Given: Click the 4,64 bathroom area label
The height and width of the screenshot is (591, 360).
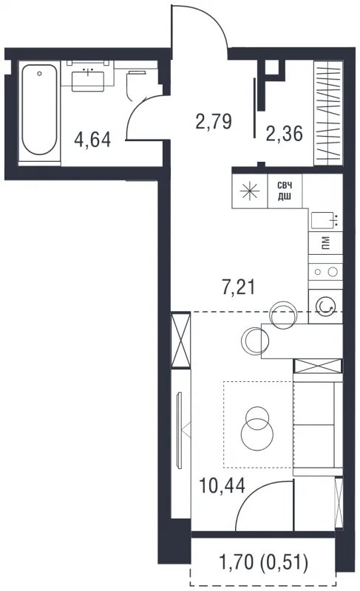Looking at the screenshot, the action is tap(92, 140).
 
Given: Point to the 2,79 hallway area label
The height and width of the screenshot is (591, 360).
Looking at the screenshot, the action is tap(214, 121).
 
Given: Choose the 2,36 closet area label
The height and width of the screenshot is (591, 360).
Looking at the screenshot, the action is tap(285, 134).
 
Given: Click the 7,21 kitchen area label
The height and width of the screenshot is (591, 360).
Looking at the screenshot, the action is tap(238, 287).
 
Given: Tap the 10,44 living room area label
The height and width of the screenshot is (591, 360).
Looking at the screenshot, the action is tap(222, 485).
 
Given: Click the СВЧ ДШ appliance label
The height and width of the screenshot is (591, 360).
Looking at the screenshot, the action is tap(285, 191).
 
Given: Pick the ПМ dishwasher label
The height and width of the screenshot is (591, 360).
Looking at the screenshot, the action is tap(326, 243).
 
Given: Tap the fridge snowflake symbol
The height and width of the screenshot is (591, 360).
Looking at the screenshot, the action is tap(251, 191).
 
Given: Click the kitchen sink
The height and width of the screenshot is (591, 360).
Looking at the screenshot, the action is tap(325, 220).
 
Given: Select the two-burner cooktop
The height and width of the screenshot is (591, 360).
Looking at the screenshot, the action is tap(326, 271).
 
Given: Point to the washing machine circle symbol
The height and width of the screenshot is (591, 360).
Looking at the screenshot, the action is tap(325, 306).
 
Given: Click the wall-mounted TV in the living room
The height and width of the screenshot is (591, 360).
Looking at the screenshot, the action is tap(179, 430).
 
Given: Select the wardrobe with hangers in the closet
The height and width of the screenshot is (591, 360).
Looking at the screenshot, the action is tap(329, 113).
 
